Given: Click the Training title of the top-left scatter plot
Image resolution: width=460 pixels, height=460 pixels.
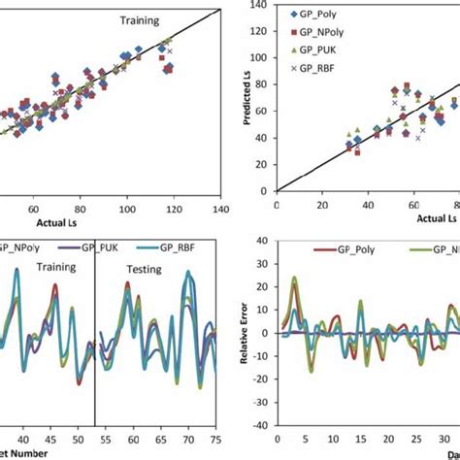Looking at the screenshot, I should pos(141,19).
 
